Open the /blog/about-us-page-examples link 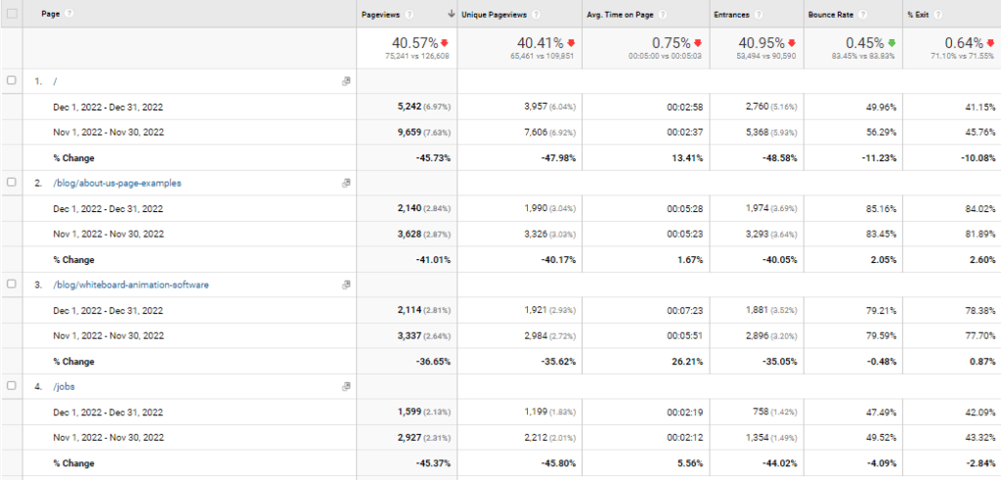pos(117,183)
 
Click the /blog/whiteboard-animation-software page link pos(131,284)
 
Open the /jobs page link pos(64,387)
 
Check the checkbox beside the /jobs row pos(11,386)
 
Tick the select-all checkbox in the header pos(12,14)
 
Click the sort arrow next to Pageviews pos(452,14)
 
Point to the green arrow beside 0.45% pos(892,43)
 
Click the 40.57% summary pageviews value pos(414,43)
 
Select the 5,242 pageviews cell pos(408,108)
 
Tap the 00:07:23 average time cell pos(685,311)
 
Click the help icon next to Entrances pos(758,14)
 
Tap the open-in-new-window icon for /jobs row pos(346,386)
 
